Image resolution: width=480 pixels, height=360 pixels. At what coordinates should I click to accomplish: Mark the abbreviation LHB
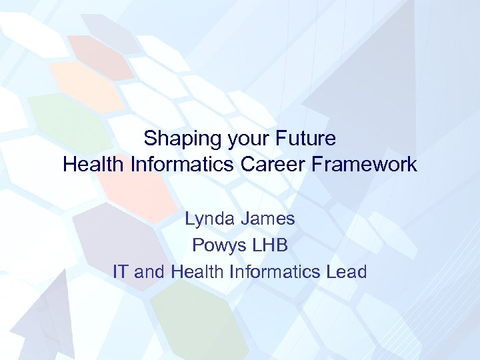click(x=269, y=245)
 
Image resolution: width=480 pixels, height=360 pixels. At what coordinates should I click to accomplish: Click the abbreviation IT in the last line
click(x=121, y=272)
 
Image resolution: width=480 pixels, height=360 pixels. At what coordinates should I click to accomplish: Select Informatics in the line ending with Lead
click(x=274, y=272)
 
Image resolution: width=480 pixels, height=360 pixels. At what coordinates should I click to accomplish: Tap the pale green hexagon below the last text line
click(x=190, y=320)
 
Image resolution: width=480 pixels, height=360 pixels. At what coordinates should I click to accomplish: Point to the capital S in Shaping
click(x=149, y=139)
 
